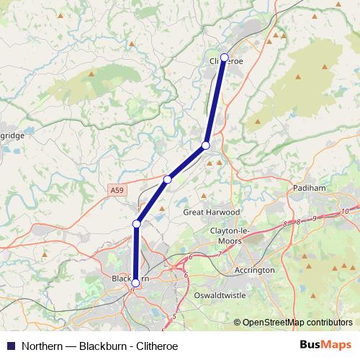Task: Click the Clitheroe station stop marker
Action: click(x=224, y=57)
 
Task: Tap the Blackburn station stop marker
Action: click(x=135, y=283)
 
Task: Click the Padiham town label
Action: click(x=310, y=187)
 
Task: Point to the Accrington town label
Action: click(x=255, y=270)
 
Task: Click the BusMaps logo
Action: click(x=326, y=345)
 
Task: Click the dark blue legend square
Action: click(x=11, y=346)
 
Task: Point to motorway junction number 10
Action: click(x=346, y=210)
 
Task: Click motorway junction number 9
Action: click(x=315, y=217)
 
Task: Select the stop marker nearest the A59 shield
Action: click(x=167, y=179)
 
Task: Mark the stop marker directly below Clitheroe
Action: click(x=206, y=145)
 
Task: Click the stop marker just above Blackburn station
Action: click(x=136, y=224)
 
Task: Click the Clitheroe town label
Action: click(x=226, y=62)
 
